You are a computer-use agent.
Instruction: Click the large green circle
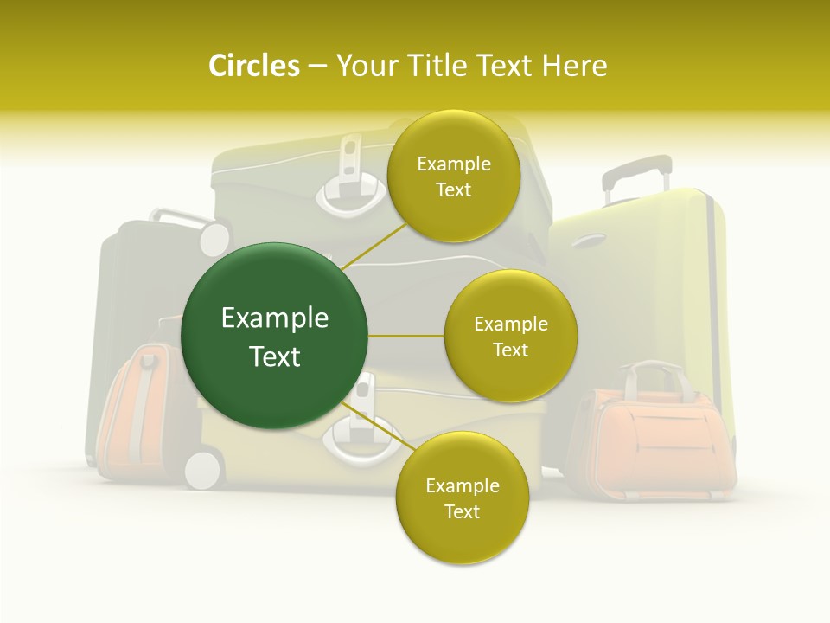click(x=275, y=336)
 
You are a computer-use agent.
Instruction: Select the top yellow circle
click(x=453, y=177)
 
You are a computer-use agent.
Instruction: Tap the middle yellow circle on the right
click(x=510, y=336)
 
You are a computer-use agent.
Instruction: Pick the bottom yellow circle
click(x=462, y=498)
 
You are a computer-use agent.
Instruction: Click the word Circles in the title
click(x=253, y=66)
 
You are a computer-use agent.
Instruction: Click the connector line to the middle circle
click(x=405, y=336)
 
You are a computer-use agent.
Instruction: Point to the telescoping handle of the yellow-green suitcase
click(x=636, y=173)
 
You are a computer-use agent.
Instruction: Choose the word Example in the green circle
click(x=275, y=318)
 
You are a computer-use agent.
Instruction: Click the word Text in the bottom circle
click(x=462, y=511)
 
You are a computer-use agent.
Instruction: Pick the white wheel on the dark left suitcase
click(x=214, y=237)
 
